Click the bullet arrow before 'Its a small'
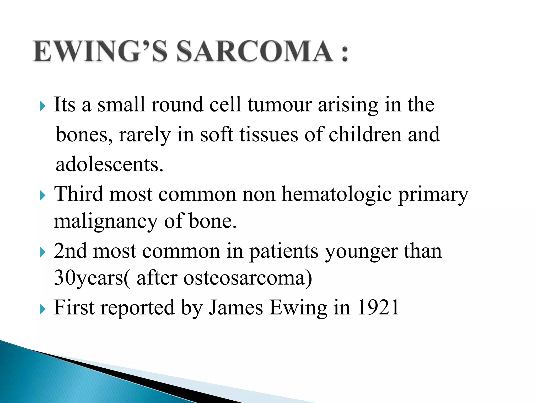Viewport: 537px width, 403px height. pos(42,106)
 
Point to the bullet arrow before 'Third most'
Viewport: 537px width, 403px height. pos(42,196)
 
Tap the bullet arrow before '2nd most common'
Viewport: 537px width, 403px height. pos(42,253)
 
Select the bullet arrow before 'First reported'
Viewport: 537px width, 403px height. pos(42,309)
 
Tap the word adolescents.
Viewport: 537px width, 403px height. pos(109,165)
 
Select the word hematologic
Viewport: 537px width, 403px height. pos(337,195)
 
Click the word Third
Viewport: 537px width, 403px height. pos(78,194)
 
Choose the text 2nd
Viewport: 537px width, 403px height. pos(70,251)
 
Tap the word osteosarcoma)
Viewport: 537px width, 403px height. pos(248,278)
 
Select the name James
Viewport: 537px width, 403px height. pos(236,308)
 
